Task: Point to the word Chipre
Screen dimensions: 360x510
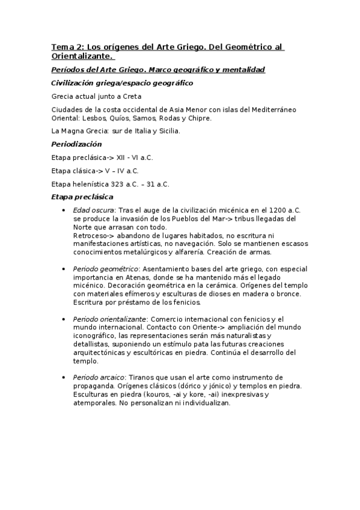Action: [x=200, y=118]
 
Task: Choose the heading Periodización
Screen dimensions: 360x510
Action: [x=76, y=144]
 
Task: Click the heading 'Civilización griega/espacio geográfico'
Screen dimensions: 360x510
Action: [x=122, y=83]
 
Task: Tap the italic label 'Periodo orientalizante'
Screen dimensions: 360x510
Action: [x=110, y=318]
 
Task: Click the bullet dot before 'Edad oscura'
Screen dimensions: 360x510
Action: [x=64, y=210]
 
